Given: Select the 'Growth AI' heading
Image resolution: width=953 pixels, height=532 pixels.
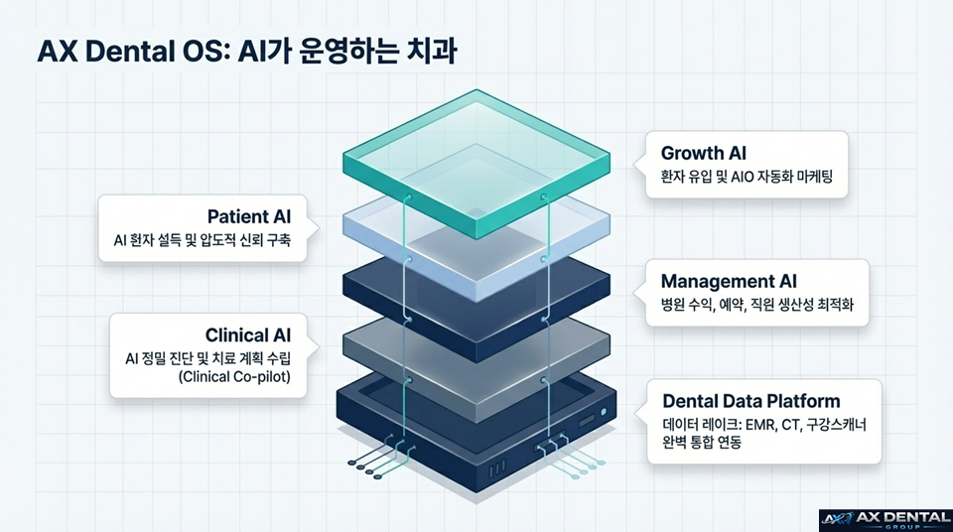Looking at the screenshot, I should click(704, 154).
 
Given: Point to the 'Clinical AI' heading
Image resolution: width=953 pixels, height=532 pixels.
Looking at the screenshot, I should click(255, 334).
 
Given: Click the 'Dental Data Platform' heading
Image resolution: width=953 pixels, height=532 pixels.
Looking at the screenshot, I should click(750, 401).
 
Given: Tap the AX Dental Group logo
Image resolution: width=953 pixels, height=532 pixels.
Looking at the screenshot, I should click(885, 519).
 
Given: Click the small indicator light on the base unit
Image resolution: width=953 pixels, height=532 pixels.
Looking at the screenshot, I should click(602, 410).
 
